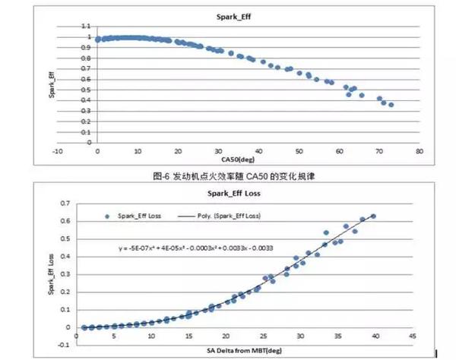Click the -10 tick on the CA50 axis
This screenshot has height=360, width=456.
pyautogui.click(x=57, y=150)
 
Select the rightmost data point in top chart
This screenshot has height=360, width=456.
pyautogui.click(x=391, y=105)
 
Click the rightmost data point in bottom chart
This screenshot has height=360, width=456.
pyautogui.click(x=373, y=216)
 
